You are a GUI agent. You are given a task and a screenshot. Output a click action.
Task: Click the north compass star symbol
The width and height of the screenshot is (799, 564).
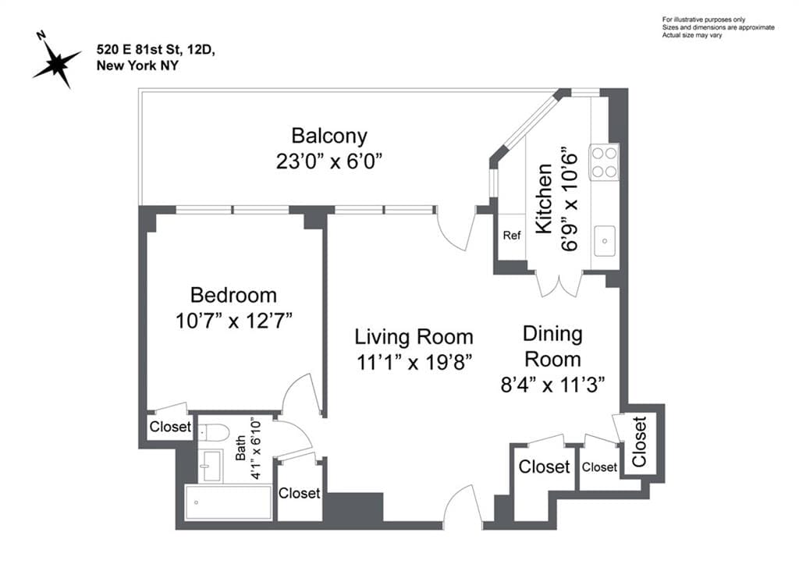coord(55,60)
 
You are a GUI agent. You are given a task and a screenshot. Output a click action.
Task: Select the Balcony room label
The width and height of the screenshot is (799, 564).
coord(328,136)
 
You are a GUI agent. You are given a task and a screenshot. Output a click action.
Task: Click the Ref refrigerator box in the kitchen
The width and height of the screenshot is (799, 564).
coord(511,236)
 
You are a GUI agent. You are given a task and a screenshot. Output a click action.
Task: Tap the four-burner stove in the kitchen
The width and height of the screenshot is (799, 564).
coord(604,162)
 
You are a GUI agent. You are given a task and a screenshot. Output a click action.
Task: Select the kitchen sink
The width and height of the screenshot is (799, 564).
coord(604,241)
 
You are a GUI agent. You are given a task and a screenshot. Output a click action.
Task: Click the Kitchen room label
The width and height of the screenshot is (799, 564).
coord(544,199)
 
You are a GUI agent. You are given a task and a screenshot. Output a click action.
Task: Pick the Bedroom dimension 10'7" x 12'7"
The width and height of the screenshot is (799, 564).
coord(234,321)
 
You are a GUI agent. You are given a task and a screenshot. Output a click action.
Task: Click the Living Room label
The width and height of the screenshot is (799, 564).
coord(414,337)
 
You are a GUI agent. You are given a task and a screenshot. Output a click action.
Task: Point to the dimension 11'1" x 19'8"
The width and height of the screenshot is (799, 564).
coord(414,362)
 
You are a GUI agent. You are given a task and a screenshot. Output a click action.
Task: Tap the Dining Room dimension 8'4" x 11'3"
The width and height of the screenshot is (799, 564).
coord(552,385)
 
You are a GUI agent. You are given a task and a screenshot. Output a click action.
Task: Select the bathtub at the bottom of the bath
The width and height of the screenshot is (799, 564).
coord(228,502)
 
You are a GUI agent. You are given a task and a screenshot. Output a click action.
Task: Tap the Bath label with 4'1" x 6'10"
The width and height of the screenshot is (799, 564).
coord(248,458)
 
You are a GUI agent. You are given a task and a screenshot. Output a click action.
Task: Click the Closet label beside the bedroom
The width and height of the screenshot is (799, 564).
coord(169,427)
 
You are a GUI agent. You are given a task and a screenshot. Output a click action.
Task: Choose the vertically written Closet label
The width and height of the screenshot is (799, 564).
coord(640,442)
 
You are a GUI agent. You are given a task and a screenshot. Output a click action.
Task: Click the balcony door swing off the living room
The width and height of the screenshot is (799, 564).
coord(455,229)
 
